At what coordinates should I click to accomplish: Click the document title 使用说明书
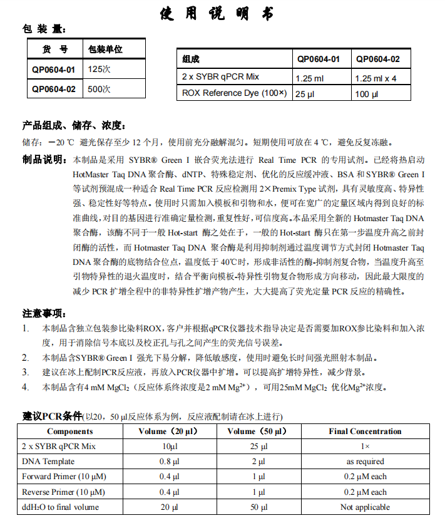[222, 14]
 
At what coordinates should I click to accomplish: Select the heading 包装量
[43, 29]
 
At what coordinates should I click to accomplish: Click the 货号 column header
[54, 49]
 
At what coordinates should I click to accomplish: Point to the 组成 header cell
[191, 59]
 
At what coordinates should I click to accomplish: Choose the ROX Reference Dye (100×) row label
[233, 93]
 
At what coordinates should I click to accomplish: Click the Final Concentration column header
[365, 431]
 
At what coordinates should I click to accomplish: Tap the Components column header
[69, 431]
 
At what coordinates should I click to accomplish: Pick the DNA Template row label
[48, 462]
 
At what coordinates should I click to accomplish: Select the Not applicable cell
[365, 507]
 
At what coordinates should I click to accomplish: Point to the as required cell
[365, 462]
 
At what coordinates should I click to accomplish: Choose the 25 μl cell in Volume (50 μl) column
[258, 447]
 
